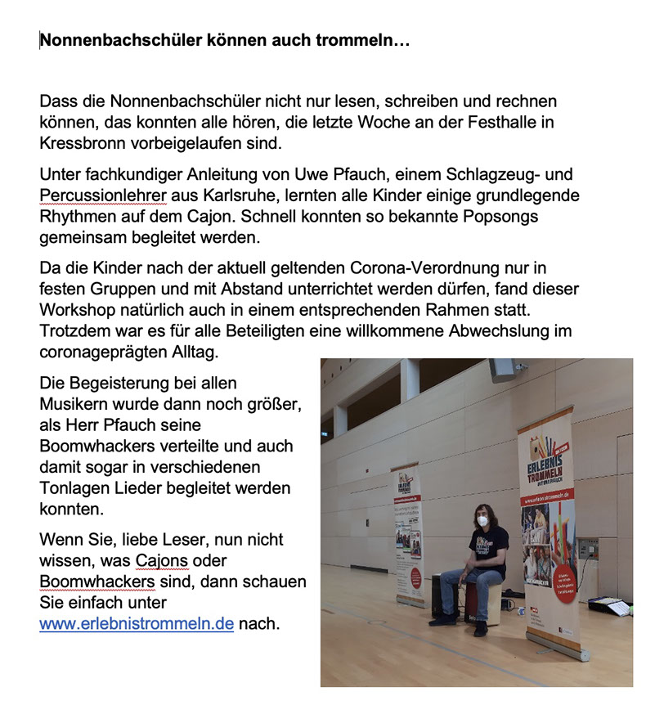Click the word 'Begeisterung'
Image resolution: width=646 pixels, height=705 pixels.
tap(112, 383)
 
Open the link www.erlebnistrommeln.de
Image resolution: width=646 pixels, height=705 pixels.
tap(137, 625)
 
